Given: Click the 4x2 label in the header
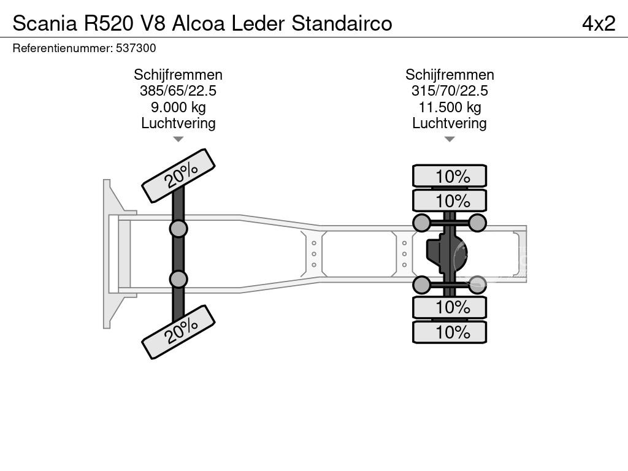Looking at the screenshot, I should click(x=598, y=23).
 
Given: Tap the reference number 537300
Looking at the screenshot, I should click(x=136, y=48).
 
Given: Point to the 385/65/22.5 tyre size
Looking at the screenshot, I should click(x=178, y=91).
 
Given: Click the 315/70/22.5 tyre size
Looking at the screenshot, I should click(x=450, y=91).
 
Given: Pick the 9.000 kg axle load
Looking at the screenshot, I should click(x=178, y=107).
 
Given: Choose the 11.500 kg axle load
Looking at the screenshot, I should click(x=450, y=107).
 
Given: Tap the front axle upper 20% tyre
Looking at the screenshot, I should click(x=178, y=175).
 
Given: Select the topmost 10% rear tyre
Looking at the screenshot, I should click(x=450, y=176).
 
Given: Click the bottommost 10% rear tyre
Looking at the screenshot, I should click(x=450, y=332).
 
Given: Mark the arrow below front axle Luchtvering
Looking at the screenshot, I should click(x=178, y=139).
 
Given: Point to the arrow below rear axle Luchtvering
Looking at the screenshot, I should click(x=450, y=139).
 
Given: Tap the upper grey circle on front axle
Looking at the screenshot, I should click(x=178, y=229).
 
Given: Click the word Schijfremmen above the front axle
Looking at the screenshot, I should click(x=178, y=75).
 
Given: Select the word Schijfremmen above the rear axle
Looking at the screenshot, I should click(x=450, y=75).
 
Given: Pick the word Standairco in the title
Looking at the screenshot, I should click(x=342, y=23).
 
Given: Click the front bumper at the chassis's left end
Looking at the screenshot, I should click(x=109, y=254).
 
